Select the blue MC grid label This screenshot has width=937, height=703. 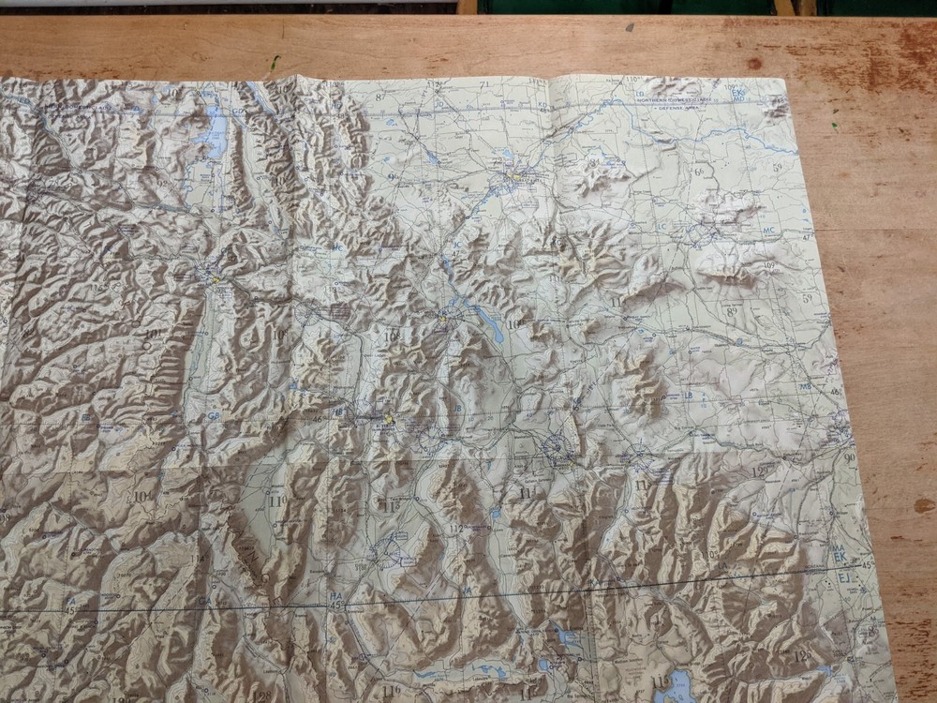pyautogui.click(x=769, y=231)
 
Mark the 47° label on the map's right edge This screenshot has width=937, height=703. pyautogui.click(x=809, y=239)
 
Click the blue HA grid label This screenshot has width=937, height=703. pyautogui.click(x=335, y=596)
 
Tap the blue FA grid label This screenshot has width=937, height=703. pyautogui.click(x=69, y=600)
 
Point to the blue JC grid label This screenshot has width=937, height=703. pyautogui.click(x=456, y=245)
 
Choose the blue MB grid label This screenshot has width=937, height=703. pyautogui.click(x=805, y=386)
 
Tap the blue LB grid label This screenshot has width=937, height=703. pyautogui.click(x=689, y=395)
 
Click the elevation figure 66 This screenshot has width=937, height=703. pyautogui.click(x=699, y=172)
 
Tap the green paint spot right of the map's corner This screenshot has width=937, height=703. pyautogui.click(x=834, y=121)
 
